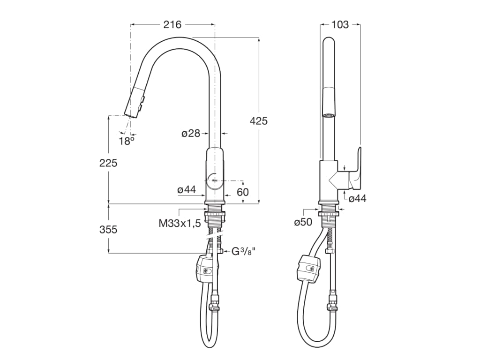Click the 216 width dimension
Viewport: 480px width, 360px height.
click(x=172, y=25)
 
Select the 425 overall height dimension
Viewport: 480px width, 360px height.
click(x=259, y=121)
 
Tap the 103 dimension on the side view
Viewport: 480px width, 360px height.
click(x=340, y=25)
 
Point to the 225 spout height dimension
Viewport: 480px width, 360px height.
click(x=108, y=163)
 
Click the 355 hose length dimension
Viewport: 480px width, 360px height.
click(x=108, y=230)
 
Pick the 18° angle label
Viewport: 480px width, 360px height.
click(x=126, y=141)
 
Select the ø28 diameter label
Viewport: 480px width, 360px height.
click(x=191, y=134)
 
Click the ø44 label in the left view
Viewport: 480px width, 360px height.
click(x=186, y=190)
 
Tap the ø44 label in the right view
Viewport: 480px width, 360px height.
click(x=358, y=199)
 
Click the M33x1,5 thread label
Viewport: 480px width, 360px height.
click(x=180, y=223)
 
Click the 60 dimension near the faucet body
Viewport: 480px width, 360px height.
click(x=243, y=192)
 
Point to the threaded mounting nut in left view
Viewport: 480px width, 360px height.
click(x=215, y=215)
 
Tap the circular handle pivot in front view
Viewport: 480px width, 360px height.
click(x=214, y=180)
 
